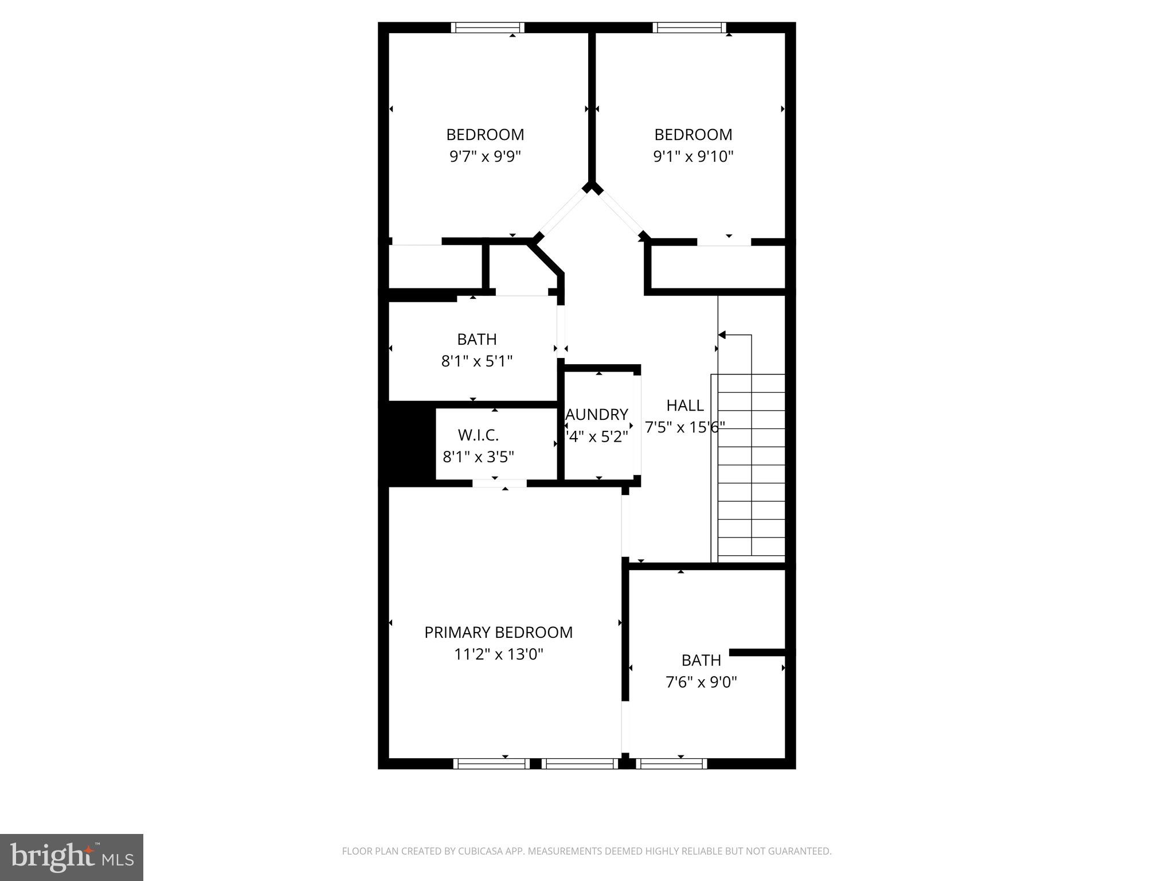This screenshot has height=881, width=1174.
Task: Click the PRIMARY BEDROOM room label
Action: (498, 632)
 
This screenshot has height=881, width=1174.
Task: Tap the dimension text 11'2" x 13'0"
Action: (498, 654)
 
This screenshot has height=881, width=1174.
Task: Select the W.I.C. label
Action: (478, 435)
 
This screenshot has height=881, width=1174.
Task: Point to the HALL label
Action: (685, 406)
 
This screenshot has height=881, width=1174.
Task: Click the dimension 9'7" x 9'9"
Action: (485, 156)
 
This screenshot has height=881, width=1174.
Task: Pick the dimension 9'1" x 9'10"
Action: (693, 156)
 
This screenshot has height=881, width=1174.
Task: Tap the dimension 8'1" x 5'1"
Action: (476, 361)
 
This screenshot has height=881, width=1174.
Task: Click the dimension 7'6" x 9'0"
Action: (701, 682)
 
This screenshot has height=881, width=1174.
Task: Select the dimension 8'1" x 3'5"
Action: (478, 457)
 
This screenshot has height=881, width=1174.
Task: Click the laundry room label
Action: (597, 415)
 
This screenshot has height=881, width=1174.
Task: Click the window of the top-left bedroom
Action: (487, 28)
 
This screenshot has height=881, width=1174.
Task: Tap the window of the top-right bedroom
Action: (689, 28)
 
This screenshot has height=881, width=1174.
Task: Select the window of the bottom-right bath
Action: (671, 763)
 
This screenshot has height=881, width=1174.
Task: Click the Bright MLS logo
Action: (72, 857)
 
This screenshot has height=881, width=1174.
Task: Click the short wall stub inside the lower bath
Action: (757, 652)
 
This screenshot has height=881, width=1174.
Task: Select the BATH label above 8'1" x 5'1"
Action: (476, 340)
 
